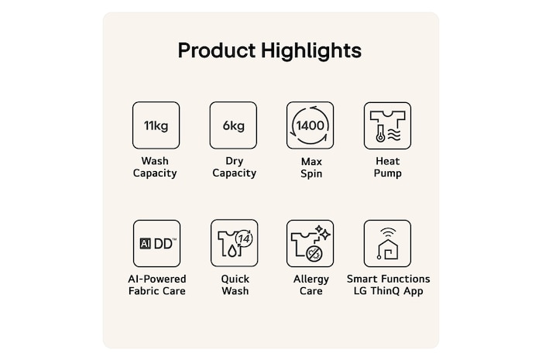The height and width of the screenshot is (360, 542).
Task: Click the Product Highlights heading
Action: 269,51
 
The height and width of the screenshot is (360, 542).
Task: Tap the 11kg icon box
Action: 156,125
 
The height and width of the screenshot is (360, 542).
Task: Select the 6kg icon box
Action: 233,125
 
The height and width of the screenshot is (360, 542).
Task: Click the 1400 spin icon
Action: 310,125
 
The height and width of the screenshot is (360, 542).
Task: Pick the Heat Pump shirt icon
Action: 387,125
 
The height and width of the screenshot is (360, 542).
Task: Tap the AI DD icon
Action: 156,244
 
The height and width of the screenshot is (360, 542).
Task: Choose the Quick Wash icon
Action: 235,243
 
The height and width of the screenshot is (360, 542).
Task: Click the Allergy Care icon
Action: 310,244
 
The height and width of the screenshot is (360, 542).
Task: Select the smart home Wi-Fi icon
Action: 387,244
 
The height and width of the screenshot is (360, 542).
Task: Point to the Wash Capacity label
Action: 155,167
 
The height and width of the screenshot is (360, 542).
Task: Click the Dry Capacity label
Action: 235,167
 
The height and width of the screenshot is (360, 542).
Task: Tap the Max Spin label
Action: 311,167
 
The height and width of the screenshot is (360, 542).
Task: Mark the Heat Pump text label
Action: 387,167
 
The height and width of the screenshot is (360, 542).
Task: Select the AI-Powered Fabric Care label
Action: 157,285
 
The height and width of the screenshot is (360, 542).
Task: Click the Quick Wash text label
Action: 235,285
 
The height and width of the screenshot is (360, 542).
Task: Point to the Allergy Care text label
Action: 311,285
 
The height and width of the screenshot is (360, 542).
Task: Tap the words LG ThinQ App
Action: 388,291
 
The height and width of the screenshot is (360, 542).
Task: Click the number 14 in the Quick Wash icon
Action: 245,238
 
